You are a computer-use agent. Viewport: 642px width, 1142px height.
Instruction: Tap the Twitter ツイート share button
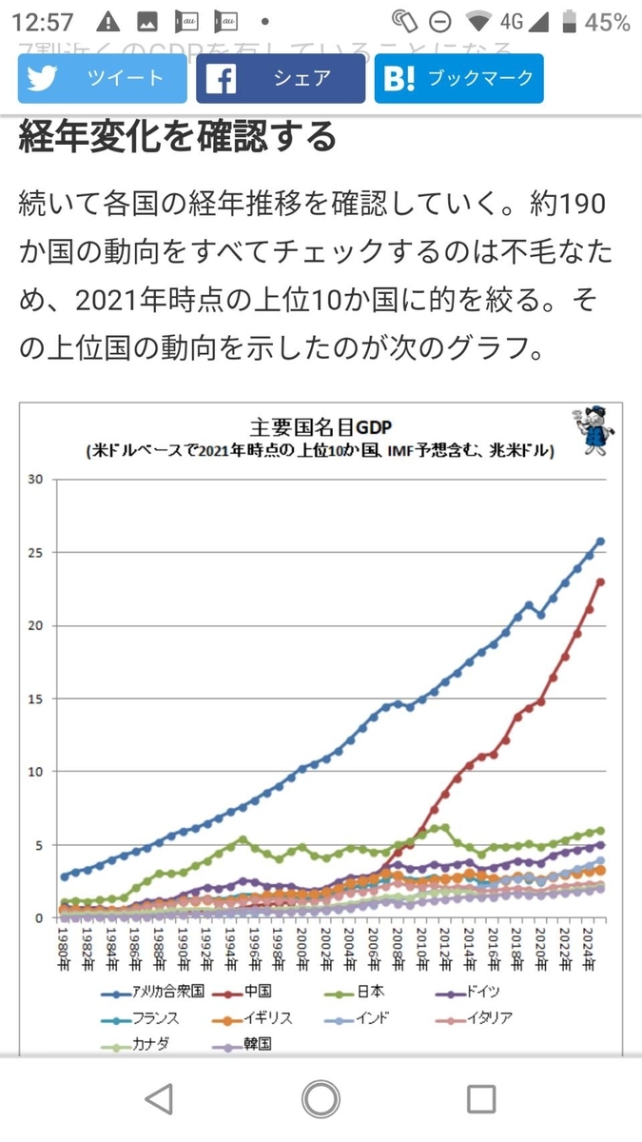click(102, 78)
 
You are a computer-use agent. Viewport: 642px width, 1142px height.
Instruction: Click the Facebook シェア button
click(281, 78)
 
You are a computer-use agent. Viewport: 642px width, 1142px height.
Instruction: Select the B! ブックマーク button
click(458, 78)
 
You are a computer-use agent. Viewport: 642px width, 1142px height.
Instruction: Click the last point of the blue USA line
click(600, 541)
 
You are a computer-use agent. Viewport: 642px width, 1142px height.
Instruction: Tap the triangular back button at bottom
click(160, 1099)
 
